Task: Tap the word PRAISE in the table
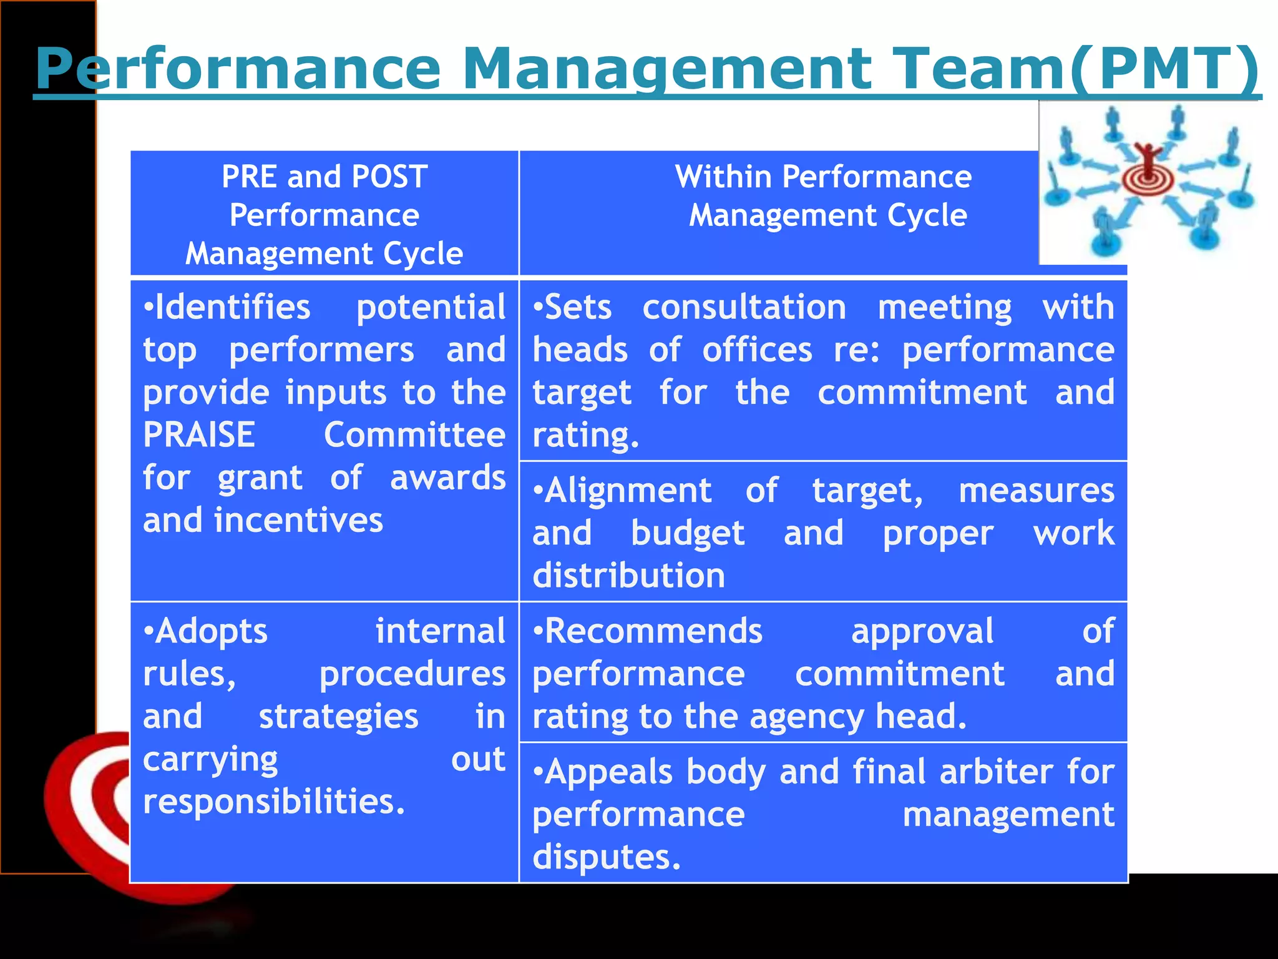pyautogui.click(x=199, y=435)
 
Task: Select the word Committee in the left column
pyautogui.click(x=414, y=435)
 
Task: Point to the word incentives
pyautogui.click(x=298, y=520)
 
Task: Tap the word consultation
pyautogui.click(x=744, y=307)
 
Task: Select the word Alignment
pyautogui.click(x=628, y=491)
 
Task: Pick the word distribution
pyautogui.click(x=628, y=575)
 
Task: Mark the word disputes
pyautogui.click(x=606, y=857)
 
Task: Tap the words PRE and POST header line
pyautogui.click(x=324, y=177)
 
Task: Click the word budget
pyautogui.click(x=688, y=533)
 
